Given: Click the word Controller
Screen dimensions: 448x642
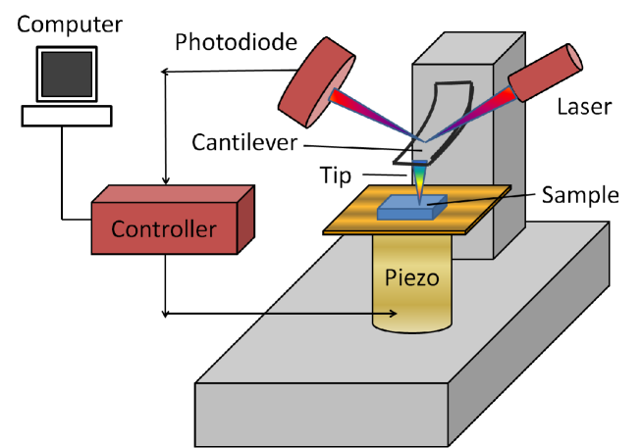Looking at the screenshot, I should coord(163,229).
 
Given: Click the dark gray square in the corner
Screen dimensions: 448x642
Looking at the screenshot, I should coord(67,75).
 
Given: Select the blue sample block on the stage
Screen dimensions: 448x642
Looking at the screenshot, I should coord(410,207).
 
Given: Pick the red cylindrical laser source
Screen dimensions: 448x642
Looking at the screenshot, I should coord(546,73).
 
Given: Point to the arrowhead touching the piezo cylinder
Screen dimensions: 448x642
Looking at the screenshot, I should coord(393,314).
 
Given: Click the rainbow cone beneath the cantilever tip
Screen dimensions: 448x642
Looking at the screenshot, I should coord(420,182).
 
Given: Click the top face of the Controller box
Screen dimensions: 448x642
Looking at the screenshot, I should coord(172,194).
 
